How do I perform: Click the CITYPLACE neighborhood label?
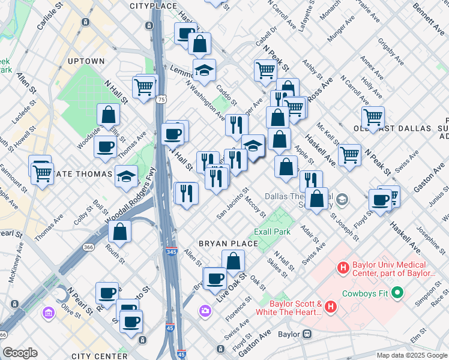154,6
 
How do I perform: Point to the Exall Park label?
272,232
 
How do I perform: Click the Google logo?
19,353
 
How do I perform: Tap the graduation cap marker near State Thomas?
127,176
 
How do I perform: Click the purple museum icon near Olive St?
47,312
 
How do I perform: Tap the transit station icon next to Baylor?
307,334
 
